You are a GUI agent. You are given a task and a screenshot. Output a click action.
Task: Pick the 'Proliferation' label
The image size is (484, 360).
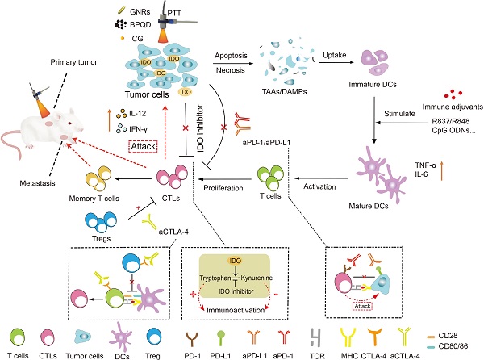coord(215,183)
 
